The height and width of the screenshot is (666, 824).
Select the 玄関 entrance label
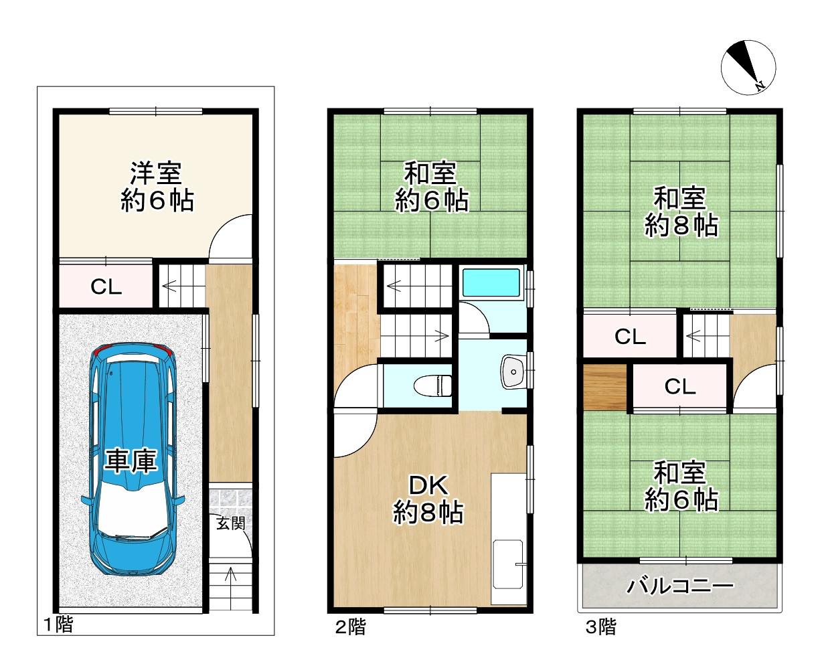coord(231,523)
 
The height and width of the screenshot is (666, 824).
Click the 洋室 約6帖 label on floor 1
coord(157,187)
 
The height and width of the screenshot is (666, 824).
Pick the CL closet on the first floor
coord(106,287)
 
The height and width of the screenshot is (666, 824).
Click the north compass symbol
coord(748,66)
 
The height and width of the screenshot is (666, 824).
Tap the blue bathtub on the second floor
coord(491,283)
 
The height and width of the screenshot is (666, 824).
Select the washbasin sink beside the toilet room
coord(513,371)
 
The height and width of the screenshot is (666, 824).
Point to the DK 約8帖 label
coord(428,499)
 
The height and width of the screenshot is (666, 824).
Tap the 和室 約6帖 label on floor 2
coord(430,187)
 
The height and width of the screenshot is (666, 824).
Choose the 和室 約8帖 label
coord(680,212)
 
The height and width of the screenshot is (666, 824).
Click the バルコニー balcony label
coord(680,587)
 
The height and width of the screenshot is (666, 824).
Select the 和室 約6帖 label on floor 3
coord(680,487)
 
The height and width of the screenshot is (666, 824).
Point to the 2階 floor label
coord(350,627)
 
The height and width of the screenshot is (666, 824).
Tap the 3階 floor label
coord(600,627)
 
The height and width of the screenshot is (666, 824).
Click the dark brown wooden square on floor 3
coord(604,387)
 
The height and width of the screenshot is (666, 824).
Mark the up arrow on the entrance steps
coord(232,574)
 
